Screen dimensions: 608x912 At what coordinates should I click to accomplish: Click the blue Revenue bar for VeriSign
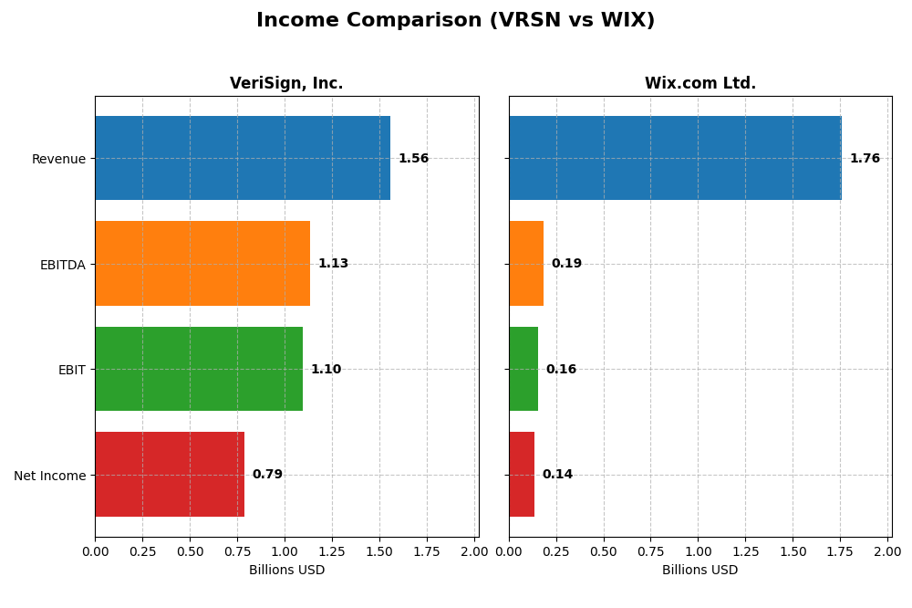[x=243, y=158]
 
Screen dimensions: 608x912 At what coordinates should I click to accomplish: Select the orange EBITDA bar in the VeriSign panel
[x=202, y=264]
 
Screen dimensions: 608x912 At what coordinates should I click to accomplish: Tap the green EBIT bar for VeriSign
[x=199, y=369]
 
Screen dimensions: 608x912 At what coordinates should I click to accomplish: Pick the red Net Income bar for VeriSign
[x=170, y=475]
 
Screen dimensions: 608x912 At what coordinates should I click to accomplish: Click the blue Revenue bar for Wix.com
[x=675, y=158]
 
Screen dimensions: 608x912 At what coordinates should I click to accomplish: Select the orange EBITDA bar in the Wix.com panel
[x=526, y=264]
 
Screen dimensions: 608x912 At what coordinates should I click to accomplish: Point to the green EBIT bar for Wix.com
[x=523, y=369]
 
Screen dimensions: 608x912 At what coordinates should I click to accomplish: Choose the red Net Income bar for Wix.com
[x=522, y=475]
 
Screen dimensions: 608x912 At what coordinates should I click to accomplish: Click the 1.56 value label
[x=413, y=159]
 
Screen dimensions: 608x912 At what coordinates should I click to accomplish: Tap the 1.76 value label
[x=865, y=159]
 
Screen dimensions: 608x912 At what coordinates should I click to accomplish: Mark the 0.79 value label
[x=267, y=475]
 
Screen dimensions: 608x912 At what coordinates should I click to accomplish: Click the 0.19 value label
[x=566, y=264]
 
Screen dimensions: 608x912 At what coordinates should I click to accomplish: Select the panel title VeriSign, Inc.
[x=286, y=84]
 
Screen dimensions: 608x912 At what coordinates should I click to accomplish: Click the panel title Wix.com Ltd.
[x=700, y=84]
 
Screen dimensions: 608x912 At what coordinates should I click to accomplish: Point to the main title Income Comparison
[x=455, y=21]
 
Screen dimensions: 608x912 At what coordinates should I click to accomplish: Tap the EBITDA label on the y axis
[x=63, y=265]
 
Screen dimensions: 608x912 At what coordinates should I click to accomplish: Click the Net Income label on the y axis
[x=49, y=476]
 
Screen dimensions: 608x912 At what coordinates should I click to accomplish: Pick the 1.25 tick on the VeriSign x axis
[x=332, y=551]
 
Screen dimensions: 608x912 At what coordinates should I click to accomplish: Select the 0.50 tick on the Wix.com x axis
[x=604, y=551]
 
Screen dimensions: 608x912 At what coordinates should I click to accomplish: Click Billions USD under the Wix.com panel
[x=700, y=571]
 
